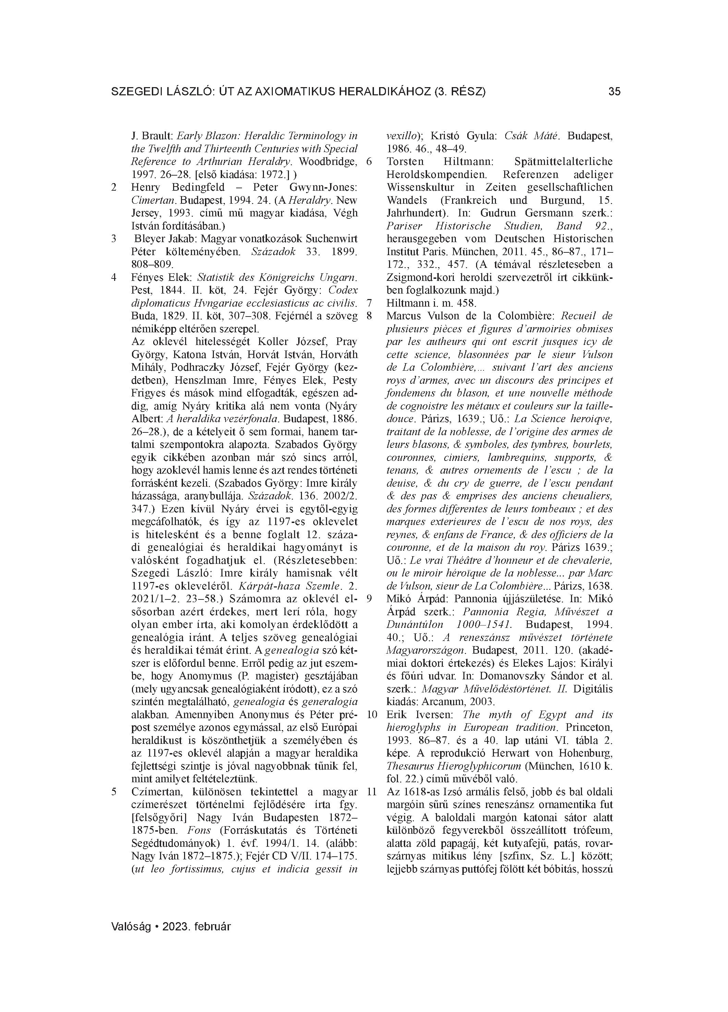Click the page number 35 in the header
[x=614, y=92]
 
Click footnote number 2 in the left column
[x=114, y=187]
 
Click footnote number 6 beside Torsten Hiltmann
[x=369, y=162]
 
